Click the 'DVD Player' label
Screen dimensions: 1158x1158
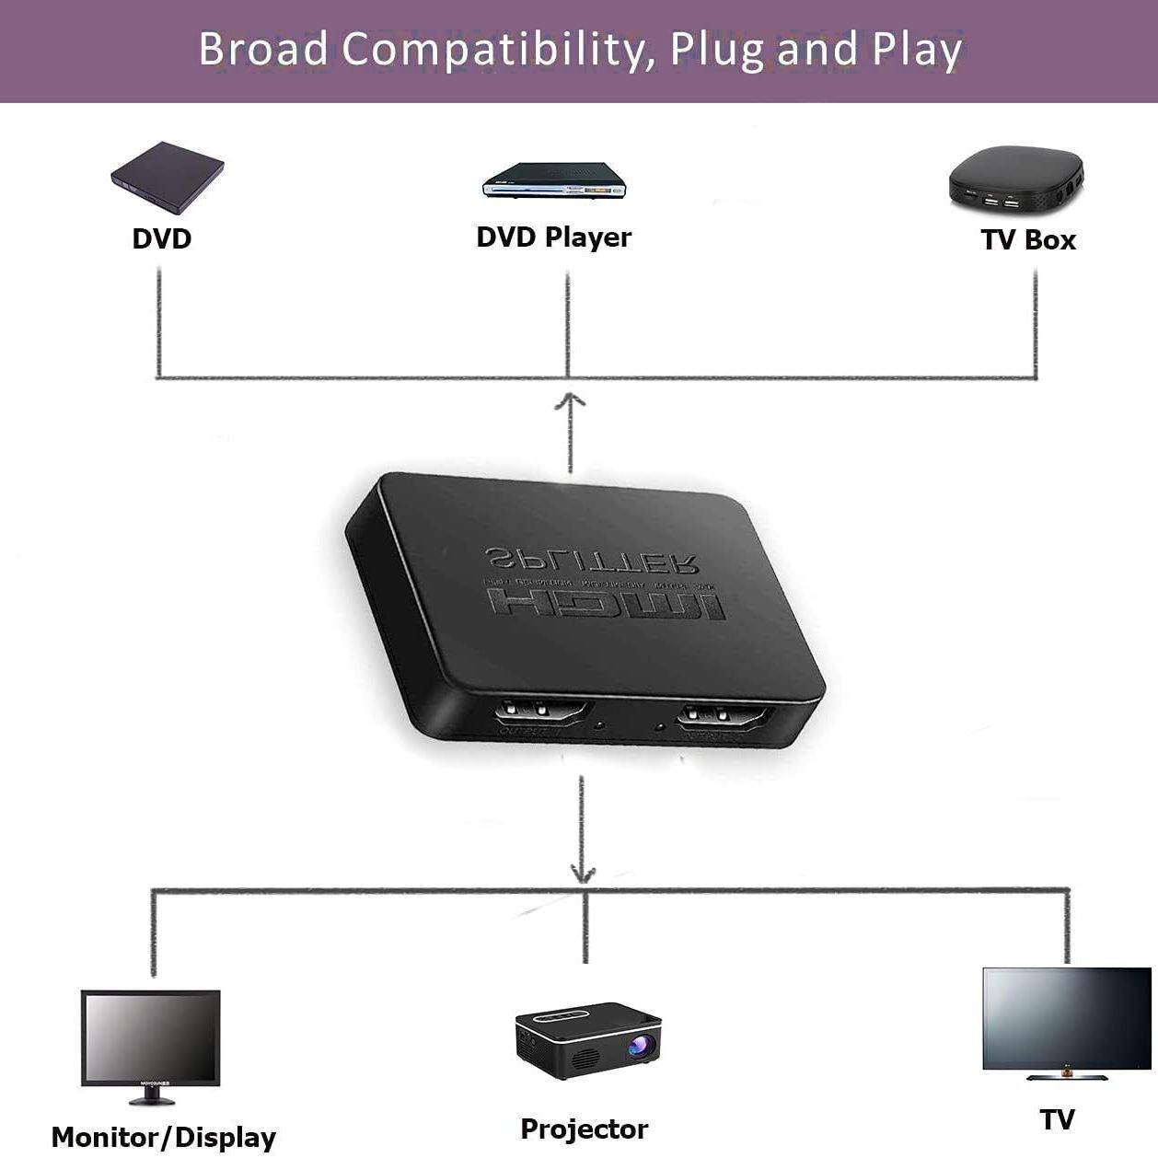[553, 237]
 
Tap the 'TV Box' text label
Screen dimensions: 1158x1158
[1028, 240]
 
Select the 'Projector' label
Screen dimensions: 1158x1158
[584, 1129]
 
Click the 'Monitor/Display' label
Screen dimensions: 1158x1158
[164, 1138]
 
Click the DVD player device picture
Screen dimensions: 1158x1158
[554, 180]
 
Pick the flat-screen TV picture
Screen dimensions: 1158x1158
[1067, 1018]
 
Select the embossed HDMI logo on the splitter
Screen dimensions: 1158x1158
[608, 606]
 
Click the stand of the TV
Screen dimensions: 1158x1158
[1067, 1075]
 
